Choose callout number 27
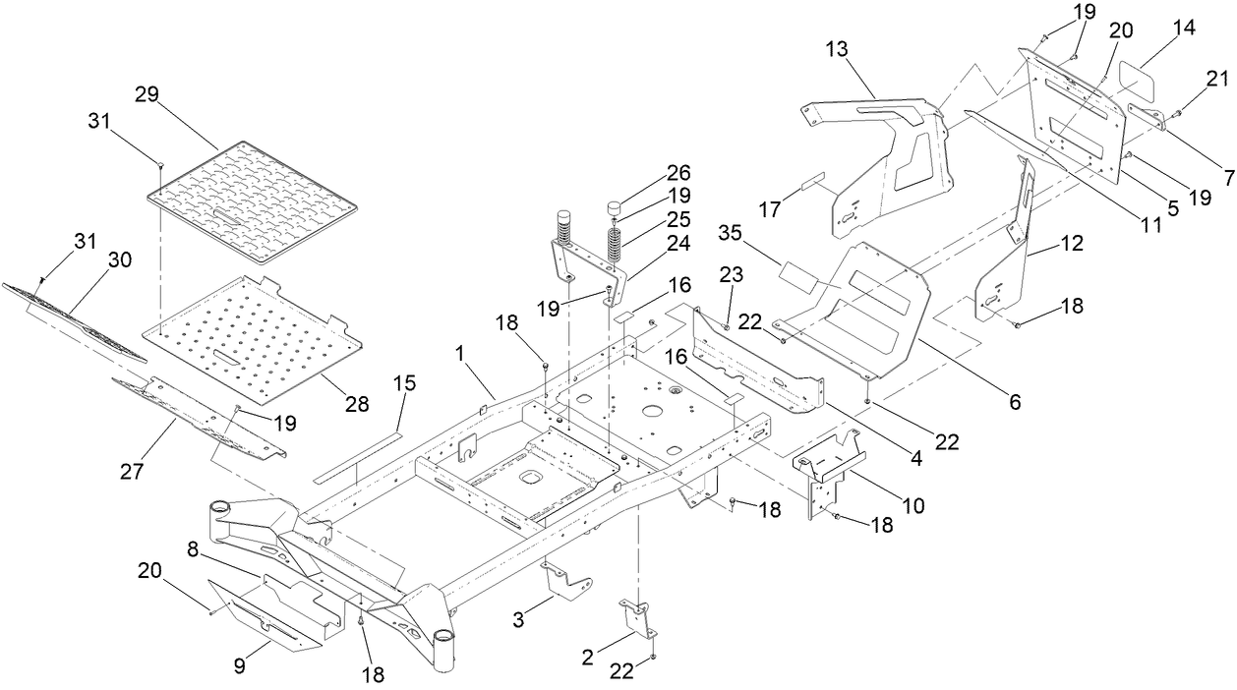131,472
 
